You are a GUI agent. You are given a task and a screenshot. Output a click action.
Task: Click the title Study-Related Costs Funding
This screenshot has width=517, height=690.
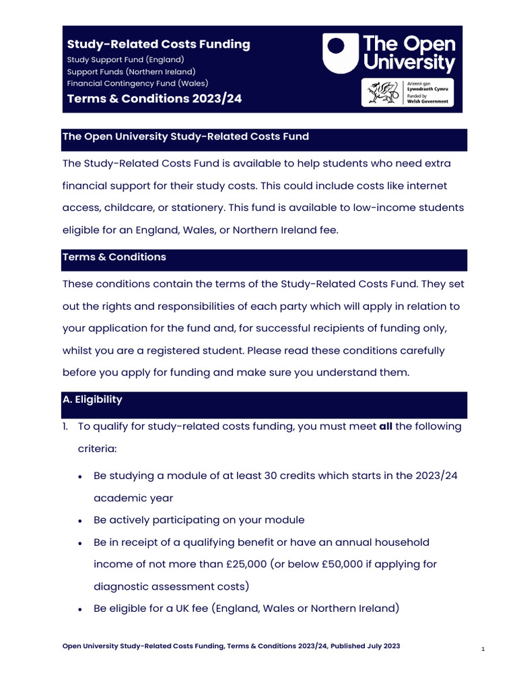click(x=158, y=44)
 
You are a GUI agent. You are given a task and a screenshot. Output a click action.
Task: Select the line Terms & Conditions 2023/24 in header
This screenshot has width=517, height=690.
click(x=154, y=99)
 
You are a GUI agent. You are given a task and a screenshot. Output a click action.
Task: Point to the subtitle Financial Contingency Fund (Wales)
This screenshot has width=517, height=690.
click(x=137, y=84)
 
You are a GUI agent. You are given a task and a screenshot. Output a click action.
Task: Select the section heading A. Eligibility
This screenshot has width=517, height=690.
click(x=92, y=400)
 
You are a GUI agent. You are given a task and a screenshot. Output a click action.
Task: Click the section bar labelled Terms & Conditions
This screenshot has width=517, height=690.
click(x=114, y=257)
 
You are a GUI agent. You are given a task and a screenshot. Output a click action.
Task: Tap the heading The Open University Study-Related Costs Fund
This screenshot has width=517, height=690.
click(x=185, y=137)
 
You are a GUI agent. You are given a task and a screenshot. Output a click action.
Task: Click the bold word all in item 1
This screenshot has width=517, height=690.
click(x=386, y=427)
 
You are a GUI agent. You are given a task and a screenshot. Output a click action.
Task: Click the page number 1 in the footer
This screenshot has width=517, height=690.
click(x=483, y=649)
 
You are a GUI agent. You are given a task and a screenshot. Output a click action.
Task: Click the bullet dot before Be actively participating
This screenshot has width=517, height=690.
click(x=80, y=521)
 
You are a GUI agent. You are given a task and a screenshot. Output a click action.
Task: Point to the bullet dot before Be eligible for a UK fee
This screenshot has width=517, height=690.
click(x=80, y=609)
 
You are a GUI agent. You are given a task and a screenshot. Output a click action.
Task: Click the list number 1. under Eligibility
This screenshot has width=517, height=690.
click(x=67, y=427)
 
